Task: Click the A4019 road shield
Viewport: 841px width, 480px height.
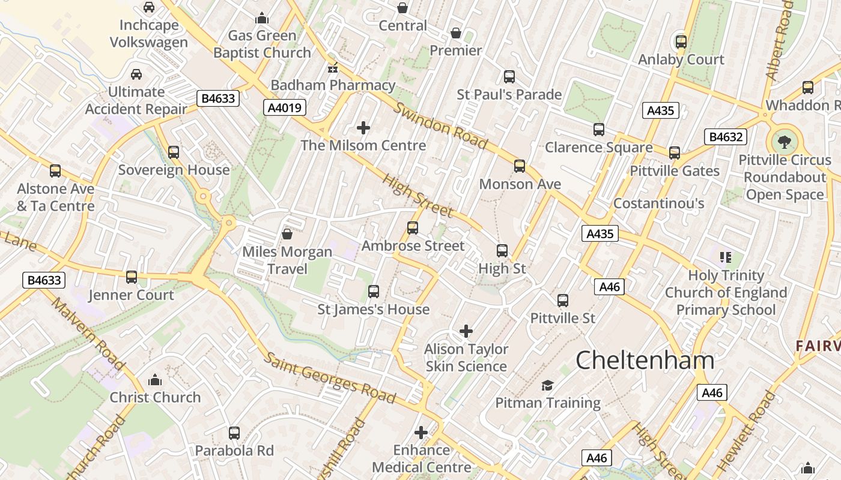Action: (x=285, y=107)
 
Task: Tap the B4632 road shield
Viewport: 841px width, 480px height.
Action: (x=726, y=137)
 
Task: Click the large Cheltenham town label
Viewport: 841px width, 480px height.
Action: (x=645, y=361)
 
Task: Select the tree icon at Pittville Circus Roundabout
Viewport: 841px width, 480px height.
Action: (x=784, y=142)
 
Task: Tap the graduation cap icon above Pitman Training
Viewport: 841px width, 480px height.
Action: (x=547, y=385)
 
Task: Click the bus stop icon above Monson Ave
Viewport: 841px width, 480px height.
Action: (x=520, y=166)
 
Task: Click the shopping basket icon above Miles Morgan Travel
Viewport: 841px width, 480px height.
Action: (x=287, y=234)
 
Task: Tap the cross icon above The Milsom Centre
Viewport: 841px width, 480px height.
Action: (x=363, y=128)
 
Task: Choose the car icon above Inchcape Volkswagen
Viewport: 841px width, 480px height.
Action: (x=149, y=7)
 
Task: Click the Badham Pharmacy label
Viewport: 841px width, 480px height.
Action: (x=333, y=85)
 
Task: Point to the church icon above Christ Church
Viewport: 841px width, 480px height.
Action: (x=155, y=380)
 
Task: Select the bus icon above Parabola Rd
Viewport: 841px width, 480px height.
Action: (x=234, y=433)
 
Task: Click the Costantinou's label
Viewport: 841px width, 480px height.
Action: (x=658, y=203)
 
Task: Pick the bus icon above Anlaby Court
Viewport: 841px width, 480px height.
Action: (x=681, y=42)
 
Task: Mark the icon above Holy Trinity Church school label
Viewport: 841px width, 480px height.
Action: (x=725, y=257)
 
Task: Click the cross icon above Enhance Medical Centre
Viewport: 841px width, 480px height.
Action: (x=421, y=432)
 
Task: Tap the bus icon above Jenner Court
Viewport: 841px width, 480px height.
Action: (x=132, y=277)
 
